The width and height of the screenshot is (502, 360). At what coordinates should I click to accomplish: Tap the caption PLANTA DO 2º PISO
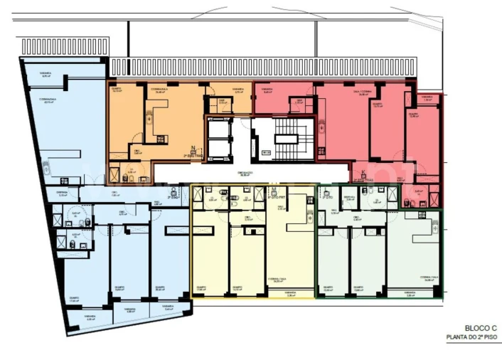[x=470, y=338]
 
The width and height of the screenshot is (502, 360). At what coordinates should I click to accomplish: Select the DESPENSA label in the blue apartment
[x=63, y=192]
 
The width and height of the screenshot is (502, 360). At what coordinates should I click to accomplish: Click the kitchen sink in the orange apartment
[x=161, y=139]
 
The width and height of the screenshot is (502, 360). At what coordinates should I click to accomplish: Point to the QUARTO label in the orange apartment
[x=117, y=90]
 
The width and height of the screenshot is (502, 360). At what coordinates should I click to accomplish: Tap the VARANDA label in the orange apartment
[x=239, y=90]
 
